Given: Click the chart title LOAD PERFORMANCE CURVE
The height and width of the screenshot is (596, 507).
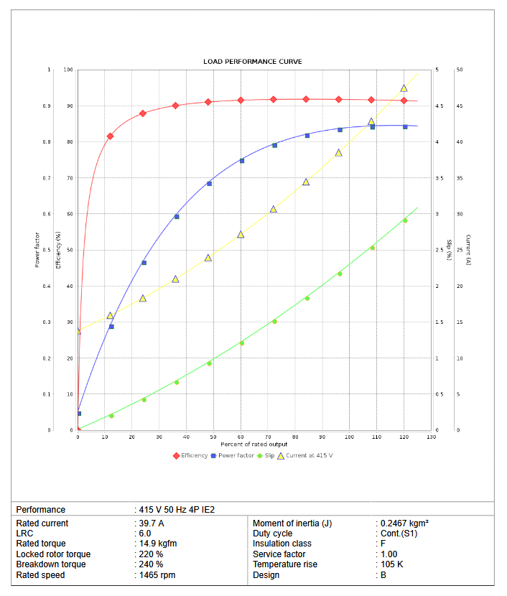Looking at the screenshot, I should tap(252, 62).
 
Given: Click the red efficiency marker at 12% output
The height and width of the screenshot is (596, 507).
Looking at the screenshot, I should tap(110, 136).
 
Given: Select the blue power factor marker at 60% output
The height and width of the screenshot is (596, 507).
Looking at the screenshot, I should tap(241, 161).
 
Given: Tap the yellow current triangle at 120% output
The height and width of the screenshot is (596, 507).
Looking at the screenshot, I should tap(404, 88).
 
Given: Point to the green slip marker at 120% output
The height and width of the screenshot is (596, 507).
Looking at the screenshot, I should tap(405, 220).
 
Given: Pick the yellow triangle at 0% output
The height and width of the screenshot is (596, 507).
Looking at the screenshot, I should tap(78, 331).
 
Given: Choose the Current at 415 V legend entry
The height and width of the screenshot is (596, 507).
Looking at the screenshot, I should tap(310, 455).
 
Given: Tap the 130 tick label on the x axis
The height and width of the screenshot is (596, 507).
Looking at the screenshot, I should tap(431, 437).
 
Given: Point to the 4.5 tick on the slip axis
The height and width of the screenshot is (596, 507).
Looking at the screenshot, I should tap(439, 106).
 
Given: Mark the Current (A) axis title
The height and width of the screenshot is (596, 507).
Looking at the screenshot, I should tap(468, 251).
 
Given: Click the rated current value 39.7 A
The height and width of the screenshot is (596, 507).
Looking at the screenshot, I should tap(152, 523).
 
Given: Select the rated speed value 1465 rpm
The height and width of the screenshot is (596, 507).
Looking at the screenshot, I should tap(157, 574).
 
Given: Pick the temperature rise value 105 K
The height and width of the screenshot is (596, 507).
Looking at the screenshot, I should tap(391, 564).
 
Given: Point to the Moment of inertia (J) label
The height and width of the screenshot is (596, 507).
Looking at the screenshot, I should tap(292, 523).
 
